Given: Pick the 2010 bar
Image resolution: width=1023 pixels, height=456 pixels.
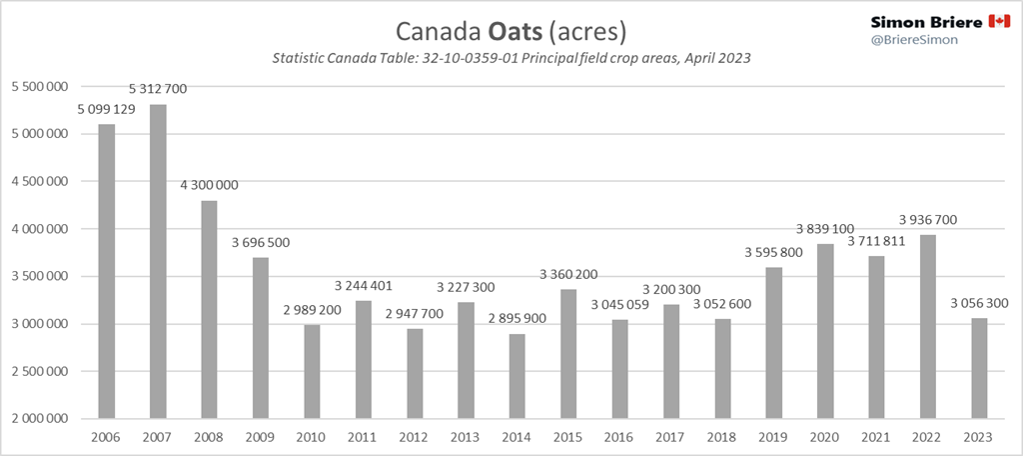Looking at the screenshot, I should click(312, 371).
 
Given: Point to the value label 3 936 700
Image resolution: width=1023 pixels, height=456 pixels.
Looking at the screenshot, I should click(929, 220).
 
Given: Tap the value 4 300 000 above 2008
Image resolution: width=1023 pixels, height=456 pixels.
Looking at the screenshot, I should click(210, 186).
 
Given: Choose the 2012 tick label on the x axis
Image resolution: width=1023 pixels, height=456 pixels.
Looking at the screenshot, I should click(415, 437).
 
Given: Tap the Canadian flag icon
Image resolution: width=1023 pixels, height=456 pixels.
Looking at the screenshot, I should click(998, 21).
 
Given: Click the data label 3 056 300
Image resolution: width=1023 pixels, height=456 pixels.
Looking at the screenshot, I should click(980, 303).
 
